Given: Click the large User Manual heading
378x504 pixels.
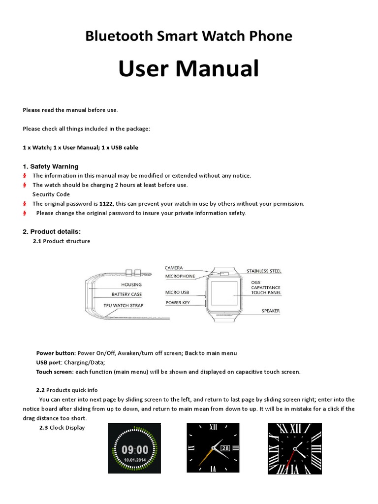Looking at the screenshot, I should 189,68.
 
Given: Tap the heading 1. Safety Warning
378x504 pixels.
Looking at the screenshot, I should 50,166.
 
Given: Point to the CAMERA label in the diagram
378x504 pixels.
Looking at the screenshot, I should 174,268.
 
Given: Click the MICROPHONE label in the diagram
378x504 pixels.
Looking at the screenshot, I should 180,276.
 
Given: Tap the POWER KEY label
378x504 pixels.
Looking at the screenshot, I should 178,302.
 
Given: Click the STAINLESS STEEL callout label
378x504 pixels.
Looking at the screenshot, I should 264,271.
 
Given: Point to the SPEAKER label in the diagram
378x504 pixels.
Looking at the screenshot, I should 271,311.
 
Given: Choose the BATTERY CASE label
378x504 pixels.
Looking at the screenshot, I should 126,294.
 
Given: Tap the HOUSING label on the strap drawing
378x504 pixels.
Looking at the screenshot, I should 131,284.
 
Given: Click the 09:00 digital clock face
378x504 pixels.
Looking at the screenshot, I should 135,449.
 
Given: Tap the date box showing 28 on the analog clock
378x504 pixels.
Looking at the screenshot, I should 225,448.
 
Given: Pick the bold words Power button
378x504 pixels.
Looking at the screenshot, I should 56,353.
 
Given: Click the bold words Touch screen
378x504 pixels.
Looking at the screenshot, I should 54,372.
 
